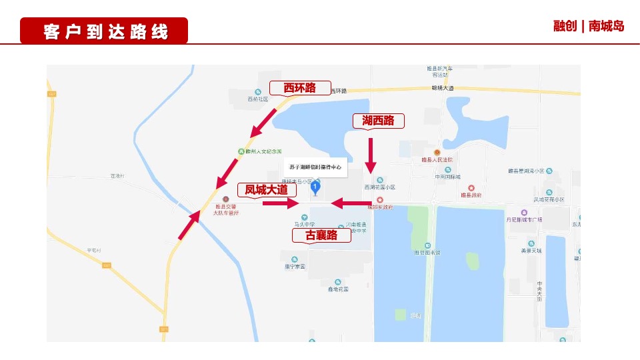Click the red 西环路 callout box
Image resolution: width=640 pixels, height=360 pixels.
pyautogui.click(x=299, y=88)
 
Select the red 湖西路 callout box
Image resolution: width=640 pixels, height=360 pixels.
pyautogui.click(x=378, y=121)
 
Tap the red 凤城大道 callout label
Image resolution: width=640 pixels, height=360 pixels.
pyautogui.click(x=266, y=190)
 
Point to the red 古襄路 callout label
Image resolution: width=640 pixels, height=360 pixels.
pyautogui.click(x=321, y=235)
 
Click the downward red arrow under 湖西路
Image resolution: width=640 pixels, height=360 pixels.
pyautogui.click(x=371, y=155)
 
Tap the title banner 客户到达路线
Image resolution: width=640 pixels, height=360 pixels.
pyautogui.click(x=104, y=31)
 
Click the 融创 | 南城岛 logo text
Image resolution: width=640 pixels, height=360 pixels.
pyautogui.click(x=589, y=26)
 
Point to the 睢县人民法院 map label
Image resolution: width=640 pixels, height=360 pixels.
pyautogui.click(x=437, y=159)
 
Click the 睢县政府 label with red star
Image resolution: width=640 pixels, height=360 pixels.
pyautogui.click(x=471, y=195)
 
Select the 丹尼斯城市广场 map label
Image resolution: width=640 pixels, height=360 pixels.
pyautogui.click(x=524, y=219)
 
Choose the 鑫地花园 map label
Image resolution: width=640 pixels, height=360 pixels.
pyautogui.click(x=338, y=289)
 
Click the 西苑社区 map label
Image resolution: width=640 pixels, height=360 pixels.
pyautogui.click(x=257, y=99)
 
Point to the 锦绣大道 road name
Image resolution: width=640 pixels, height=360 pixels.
pyautogui.click(x=442, y=88)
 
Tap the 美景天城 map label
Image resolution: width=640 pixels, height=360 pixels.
pyautogui.click(x=531, y=251)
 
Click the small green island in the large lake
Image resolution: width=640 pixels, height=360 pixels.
pyautogui.click(x=473, y=261)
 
